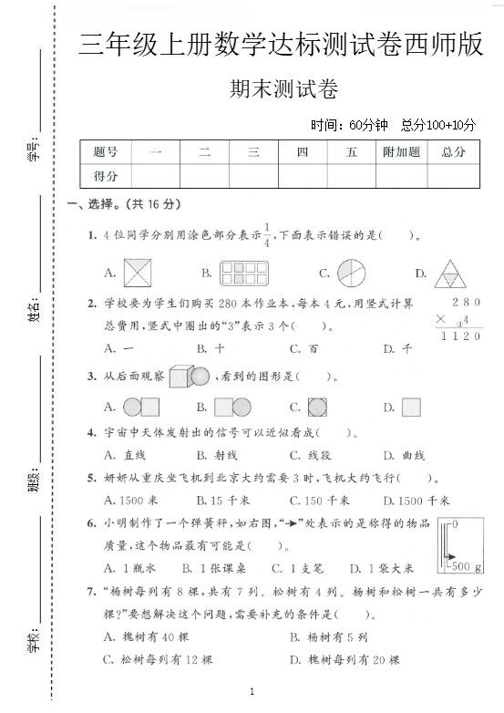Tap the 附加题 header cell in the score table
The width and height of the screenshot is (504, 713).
pyautogui.click(x=402, y=152)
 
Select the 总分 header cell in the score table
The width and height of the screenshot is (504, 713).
pyautogui.click(x=453, y=152)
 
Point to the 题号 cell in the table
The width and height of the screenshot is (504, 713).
pyautogui.click(x=106, y=152)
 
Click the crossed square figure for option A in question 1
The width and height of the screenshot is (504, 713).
pyautogui.click(x=139, y=272)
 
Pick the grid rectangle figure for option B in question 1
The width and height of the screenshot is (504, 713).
pyautogui.click(x=240, y=272)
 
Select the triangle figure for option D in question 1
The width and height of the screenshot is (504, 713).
pyautogui.click(x=448, y=272)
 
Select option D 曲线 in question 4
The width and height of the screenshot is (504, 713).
pyautogui.click(x=399, y=455)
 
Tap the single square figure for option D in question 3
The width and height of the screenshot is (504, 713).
pyautogui.click(x=411, y=407)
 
